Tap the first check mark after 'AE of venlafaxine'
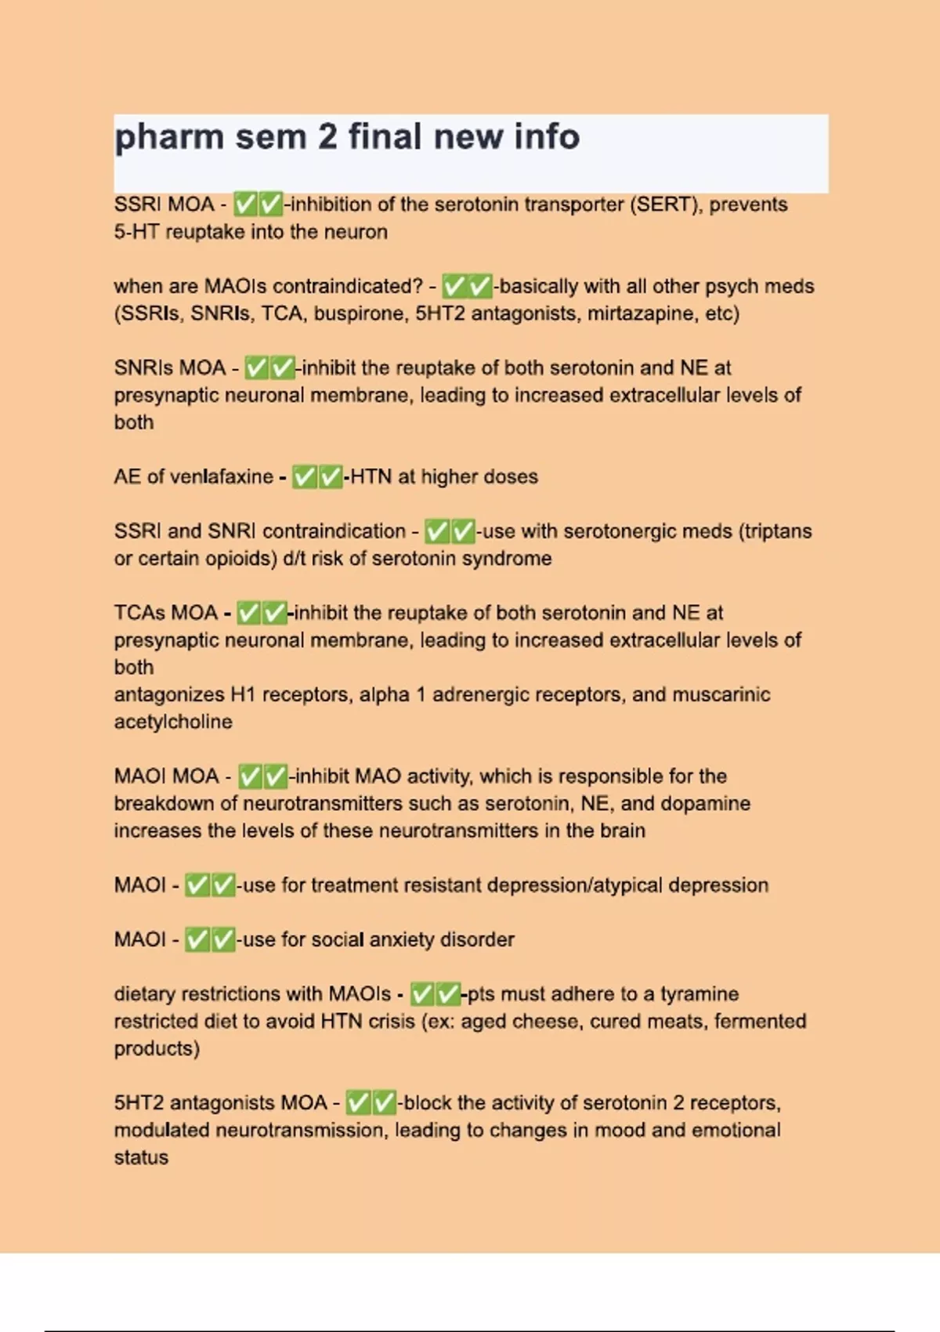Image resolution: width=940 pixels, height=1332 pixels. pyautogui.click(x=304, y=476)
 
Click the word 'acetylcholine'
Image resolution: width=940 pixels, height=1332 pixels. pyautogui.click(x=173, y=722)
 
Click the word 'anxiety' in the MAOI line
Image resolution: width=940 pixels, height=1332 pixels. pyautogui.click(x=398, y=939)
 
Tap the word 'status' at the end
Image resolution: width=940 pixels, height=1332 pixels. pyautogui.click(x=141, y=1157)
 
